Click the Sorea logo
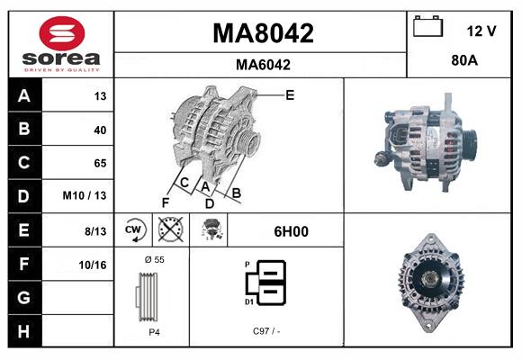point(60,45)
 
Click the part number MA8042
point(262,33)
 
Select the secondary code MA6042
point(262,65)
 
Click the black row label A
point(23,96)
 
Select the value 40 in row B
point(99,130)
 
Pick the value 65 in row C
point(99,163)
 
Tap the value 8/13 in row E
point(94,230)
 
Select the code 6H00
point(290,231)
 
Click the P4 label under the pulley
point(153,332)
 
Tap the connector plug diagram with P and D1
point(268,283)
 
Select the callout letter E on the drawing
point(289,94)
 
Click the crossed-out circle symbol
point(170,230)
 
